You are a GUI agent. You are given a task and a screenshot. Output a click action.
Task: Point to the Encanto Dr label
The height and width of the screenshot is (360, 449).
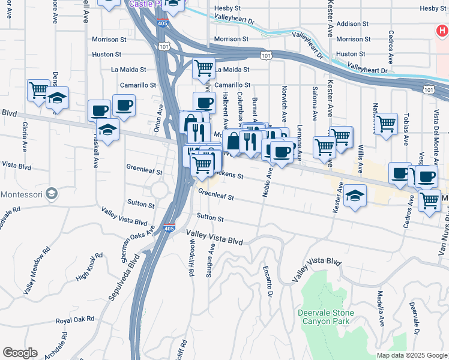267,281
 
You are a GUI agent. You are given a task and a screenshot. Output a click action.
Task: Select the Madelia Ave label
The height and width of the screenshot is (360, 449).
380,308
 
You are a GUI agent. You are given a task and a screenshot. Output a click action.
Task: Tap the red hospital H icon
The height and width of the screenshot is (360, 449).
442,29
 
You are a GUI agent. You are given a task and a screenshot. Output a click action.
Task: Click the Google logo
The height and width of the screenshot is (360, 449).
20,353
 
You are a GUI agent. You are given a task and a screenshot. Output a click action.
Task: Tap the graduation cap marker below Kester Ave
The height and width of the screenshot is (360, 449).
355,196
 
